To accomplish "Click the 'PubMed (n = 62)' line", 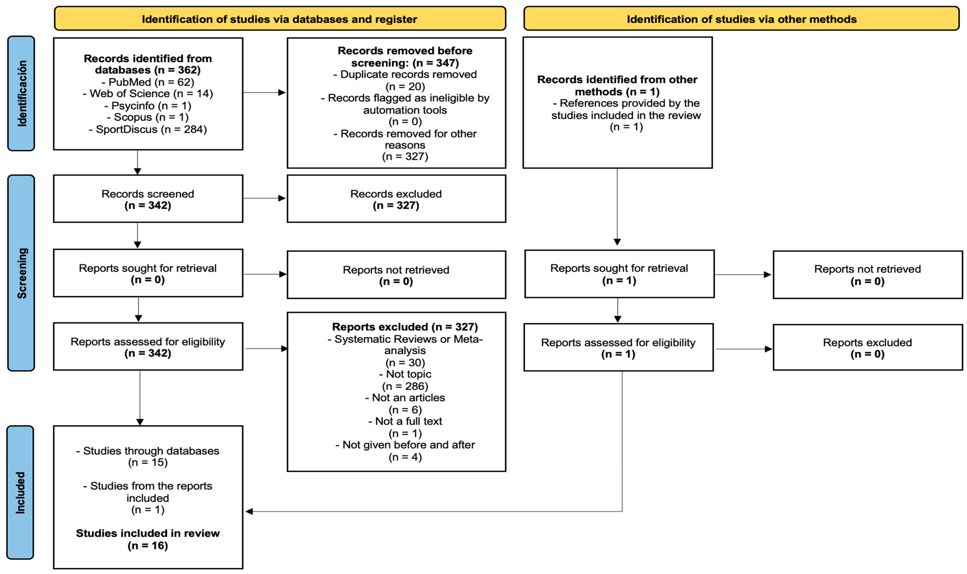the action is tap(148, 82).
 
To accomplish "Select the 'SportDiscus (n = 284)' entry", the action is tap(148, 129).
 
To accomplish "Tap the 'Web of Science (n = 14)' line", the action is tap(148, 94).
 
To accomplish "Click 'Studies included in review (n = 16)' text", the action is tap(148, 539).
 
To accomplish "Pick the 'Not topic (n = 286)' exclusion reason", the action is tap(405, 380).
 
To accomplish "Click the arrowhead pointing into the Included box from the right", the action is tap(249, 511).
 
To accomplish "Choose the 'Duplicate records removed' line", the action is tap(405, 74).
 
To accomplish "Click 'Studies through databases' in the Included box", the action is tap(148, 451).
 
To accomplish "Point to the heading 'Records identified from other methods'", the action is tap(617, 85).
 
